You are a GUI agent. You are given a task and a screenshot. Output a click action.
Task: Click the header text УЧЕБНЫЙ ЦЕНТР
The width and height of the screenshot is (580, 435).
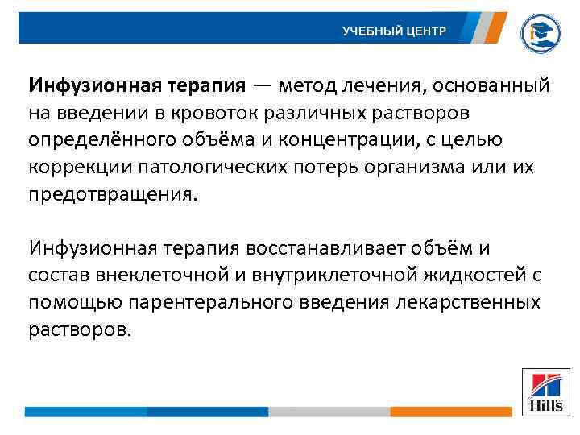pyautogui.click(x=392, y=31)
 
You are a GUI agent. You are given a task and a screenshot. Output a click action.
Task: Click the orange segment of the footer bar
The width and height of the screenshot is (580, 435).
pyautogui.click(x=451, y=412)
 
